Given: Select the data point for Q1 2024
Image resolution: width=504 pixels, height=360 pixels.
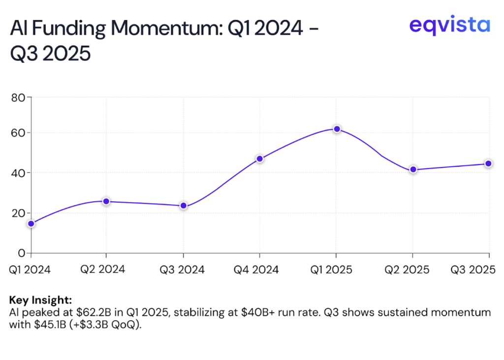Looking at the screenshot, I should (x=31, y=223).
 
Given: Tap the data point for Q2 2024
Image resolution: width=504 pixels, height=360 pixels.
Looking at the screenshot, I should (x=106, y=201).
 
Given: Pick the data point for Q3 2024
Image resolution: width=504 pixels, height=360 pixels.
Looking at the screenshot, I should (x=184, y=205).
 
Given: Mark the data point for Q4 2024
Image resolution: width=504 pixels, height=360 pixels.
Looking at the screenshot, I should (x=260, y=158).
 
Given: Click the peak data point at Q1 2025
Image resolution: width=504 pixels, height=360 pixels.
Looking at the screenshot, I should (x=337, y=129).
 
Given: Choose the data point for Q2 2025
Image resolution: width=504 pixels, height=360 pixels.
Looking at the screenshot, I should (x=413, y=169).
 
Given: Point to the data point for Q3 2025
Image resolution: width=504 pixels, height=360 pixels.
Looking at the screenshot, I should (x=488, y=163).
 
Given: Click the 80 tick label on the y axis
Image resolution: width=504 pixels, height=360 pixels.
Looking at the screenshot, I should (x=18, y=97).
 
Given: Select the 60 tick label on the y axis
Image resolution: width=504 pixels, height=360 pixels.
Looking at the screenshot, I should (x=18, y=133).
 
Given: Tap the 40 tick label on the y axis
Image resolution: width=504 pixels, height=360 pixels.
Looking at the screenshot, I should (x=18, y=173).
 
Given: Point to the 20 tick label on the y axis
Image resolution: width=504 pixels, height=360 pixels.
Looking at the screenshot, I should (x=18, y=213).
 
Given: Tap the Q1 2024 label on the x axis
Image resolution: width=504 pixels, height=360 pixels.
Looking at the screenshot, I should (x=30, y=270).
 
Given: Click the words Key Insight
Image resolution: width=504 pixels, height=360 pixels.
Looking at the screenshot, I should (x=40, y=300).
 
